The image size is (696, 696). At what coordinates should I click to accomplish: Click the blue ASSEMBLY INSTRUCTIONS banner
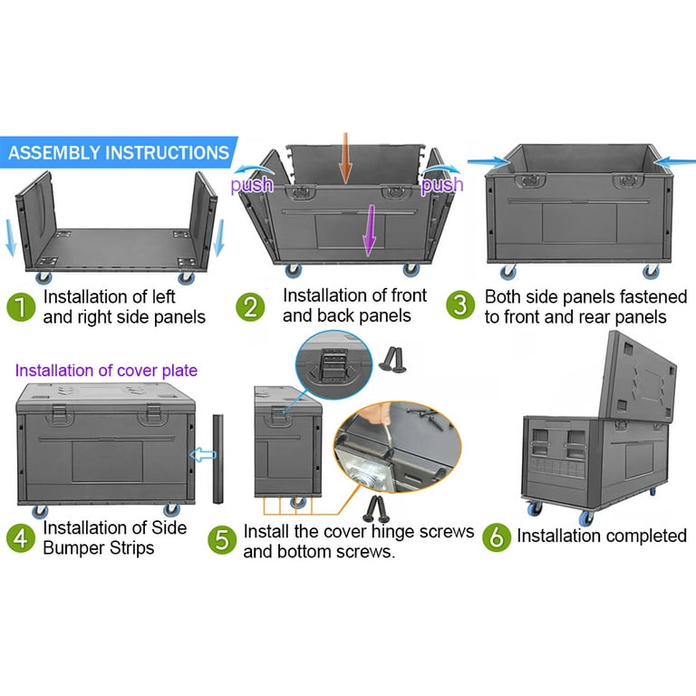click(x=118, y=152)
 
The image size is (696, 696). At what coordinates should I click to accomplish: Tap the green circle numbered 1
click(x=20, y=306)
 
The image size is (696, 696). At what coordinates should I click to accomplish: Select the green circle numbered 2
click(x=252, y=306)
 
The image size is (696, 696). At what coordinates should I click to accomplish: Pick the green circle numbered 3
click(x=461, y=306)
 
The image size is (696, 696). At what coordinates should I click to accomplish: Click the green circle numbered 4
click(x=20, y=538)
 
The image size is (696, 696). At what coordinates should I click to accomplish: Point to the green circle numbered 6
click(x=495, y=536)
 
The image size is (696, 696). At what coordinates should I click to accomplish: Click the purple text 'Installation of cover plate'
click(x=106, y=370)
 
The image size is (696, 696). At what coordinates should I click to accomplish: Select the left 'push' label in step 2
click(x=251, y=185)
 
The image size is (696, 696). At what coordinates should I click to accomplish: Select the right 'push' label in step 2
click(x=442, y=185)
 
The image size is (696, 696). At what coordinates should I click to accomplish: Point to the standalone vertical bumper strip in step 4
click(x=218, y=459)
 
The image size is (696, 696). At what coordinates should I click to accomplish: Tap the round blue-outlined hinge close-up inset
click(x=334, y=366)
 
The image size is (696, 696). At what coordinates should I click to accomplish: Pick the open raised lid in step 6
click(x=640, y=381)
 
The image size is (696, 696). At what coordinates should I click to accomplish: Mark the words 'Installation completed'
click(x=602, y=536)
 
